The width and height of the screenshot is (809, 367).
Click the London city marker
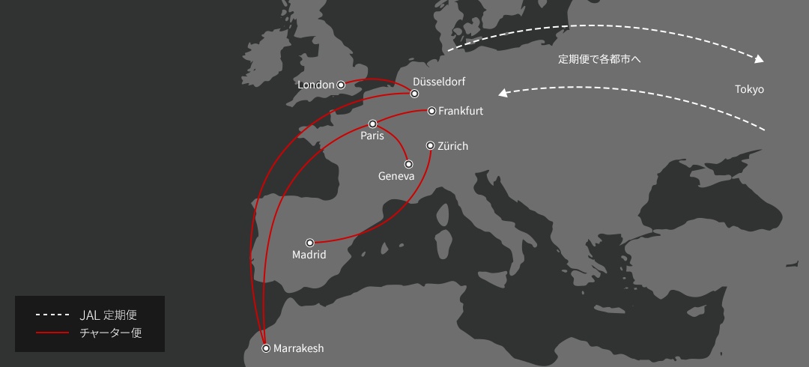(341, 85)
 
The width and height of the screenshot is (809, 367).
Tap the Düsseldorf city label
(440, 81)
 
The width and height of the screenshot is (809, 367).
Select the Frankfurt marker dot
(431, 111)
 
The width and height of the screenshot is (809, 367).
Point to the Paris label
(372, 136)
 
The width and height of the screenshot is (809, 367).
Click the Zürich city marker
(430, 146)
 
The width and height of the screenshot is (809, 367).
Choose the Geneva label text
(396, 176)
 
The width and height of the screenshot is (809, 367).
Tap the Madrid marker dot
(310, 243)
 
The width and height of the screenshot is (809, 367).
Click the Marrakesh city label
(299, 348)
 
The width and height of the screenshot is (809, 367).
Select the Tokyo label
(749, 89)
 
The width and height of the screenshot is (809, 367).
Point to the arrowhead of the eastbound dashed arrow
(760, 59)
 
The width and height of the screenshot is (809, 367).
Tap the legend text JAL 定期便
(108, 315)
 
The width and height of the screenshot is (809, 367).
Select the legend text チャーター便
(110, 332)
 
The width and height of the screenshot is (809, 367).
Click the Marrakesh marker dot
(266, 348)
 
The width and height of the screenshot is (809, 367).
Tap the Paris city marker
(372, 124)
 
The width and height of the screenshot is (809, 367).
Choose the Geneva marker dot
(408, 164)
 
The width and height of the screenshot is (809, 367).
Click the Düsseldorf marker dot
(414, 94)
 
